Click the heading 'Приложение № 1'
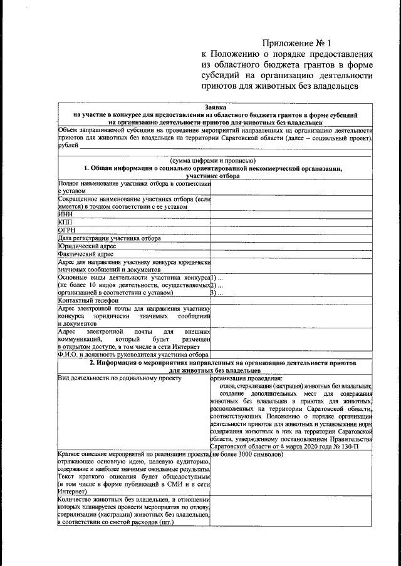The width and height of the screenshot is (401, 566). click(x=296, y=43)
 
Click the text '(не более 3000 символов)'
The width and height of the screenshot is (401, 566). click(x=247, y=454)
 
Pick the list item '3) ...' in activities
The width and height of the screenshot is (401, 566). click(x=217, y=292)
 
